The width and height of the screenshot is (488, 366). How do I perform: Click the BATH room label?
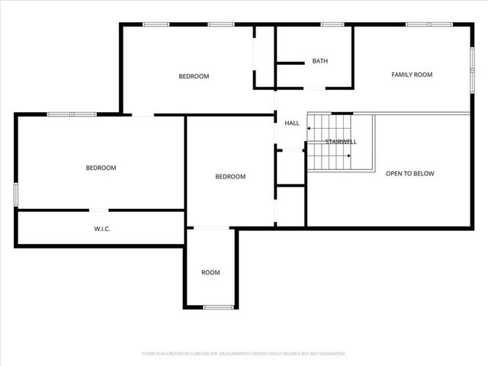(319, 61)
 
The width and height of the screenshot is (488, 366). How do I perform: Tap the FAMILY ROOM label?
(412, 75)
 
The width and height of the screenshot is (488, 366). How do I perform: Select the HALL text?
(292, 123)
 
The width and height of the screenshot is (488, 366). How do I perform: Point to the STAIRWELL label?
(341, 142)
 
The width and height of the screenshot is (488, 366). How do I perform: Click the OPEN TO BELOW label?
(409, 174)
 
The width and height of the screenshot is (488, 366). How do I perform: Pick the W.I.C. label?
(102, 228)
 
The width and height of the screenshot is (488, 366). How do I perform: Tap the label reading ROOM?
(210, 272)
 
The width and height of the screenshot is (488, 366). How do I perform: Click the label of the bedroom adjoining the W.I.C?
(101, 168)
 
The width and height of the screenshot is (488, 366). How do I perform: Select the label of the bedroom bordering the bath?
(194, 76)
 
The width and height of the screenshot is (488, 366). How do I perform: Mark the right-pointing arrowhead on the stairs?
(348, 156)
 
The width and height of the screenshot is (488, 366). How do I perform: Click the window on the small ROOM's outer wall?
(219, 307)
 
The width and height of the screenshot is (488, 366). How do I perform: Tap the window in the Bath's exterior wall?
(331, 24)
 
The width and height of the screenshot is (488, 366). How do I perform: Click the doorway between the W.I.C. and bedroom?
(101, 210)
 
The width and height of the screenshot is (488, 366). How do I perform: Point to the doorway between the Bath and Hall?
(314, 88)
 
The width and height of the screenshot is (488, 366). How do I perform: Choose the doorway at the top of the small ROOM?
(210, 227)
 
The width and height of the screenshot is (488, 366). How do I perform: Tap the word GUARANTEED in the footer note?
(329, 354)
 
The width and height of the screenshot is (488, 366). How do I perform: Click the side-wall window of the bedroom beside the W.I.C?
(15, 194)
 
